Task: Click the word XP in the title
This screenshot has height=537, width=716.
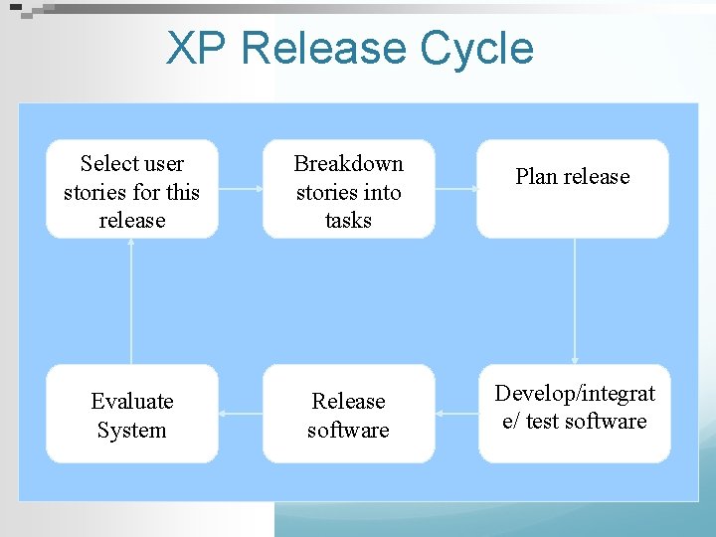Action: [197, 48]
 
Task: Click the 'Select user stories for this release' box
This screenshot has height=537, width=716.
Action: [132, 189]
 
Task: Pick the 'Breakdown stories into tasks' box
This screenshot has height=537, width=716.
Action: [348, 189]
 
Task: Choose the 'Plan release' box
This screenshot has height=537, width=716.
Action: [573, 189]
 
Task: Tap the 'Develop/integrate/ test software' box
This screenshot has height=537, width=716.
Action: [574, 414]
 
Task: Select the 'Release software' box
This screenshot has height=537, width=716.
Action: [348, 414]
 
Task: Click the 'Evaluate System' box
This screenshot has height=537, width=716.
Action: [132, 414]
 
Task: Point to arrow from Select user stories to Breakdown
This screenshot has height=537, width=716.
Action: [240, 189]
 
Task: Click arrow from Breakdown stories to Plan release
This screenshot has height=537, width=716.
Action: [455, 189]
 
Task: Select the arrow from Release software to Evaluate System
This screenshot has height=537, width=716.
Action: [240, 414]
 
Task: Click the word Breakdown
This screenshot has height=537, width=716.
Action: [348, 163]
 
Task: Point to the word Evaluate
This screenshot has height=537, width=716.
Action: [132, 402]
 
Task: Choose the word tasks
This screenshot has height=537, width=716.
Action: [348, 220]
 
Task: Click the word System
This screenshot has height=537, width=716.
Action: [132, 431]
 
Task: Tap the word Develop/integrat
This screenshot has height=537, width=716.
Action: [575, 394]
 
